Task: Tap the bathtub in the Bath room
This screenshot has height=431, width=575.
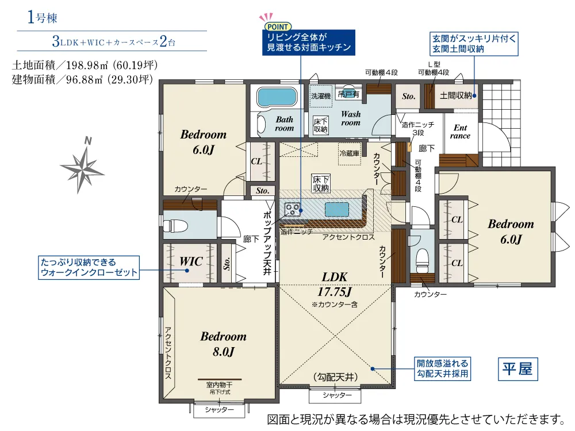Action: coord(277,97)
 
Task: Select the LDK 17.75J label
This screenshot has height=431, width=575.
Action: coord(335,284)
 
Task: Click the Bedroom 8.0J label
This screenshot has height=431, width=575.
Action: coord(223,344)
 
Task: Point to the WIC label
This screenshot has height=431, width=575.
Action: coord(191,261)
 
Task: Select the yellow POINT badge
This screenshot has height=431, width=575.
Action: coord(278,26)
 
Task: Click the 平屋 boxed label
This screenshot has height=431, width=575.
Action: coord(518,369)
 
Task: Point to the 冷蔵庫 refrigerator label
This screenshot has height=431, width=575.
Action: coord(350,153)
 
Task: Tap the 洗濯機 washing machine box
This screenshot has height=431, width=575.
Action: coord(321,96)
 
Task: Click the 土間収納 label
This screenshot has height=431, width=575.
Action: coord(456,95)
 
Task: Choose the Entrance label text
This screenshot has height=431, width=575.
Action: coord(460,132)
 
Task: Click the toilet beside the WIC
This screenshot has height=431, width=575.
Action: coord(175,225)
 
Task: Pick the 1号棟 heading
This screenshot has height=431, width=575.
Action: coord(42,17)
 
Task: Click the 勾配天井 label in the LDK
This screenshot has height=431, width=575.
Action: coord(336,377)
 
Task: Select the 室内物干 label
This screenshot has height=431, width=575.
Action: coord(219,385)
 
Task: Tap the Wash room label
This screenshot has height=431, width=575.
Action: coord(351,118)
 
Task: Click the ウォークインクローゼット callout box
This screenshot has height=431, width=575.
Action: coord(89,268)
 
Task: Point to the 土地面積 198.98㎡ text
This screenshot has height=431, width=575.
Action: coord(85,66)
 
